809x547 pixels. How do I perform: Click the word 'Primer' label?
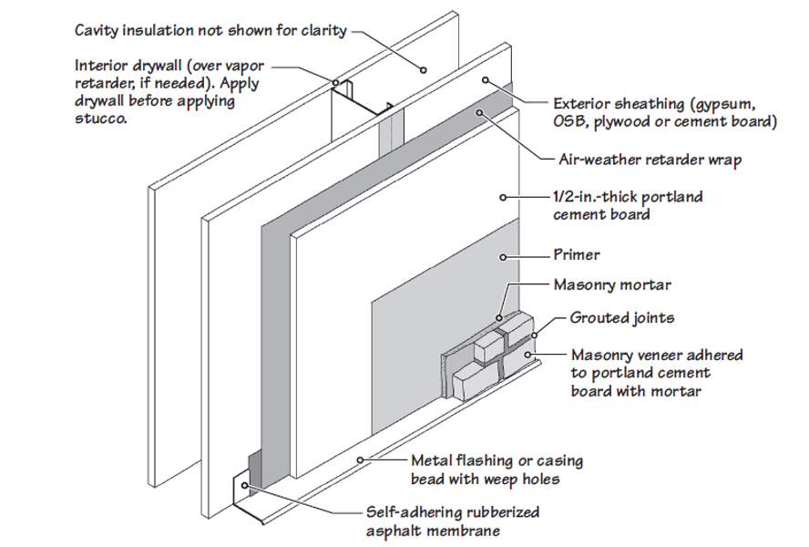577,254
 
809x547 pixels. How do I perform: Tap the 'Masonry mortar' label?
612,284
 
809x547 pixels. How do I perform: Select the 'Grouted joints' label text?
622,317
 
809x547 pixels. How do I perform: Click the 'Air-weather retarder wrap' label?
650,160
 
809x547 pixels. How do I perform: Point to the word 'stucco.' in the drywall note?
101,119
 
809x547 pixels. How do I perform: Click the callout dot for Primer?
503,257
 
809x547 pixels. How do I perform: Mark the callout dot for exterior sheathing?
486,80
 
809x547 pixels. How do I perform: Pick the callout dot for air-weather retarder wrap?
480,112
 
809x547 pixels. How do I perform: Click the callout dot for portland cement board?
503,197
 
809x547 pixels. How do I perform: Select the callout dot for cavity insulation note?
423,69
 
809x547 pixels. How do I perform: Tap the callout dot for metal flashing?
361,459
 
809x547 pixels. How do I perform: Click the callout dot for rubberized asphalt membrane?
244,485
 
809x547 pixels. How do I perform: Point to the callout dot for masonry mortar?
499,318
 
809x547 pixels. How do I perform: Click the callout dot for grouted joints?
535,335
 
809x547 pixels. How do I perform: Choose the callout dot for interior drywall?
335,82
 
